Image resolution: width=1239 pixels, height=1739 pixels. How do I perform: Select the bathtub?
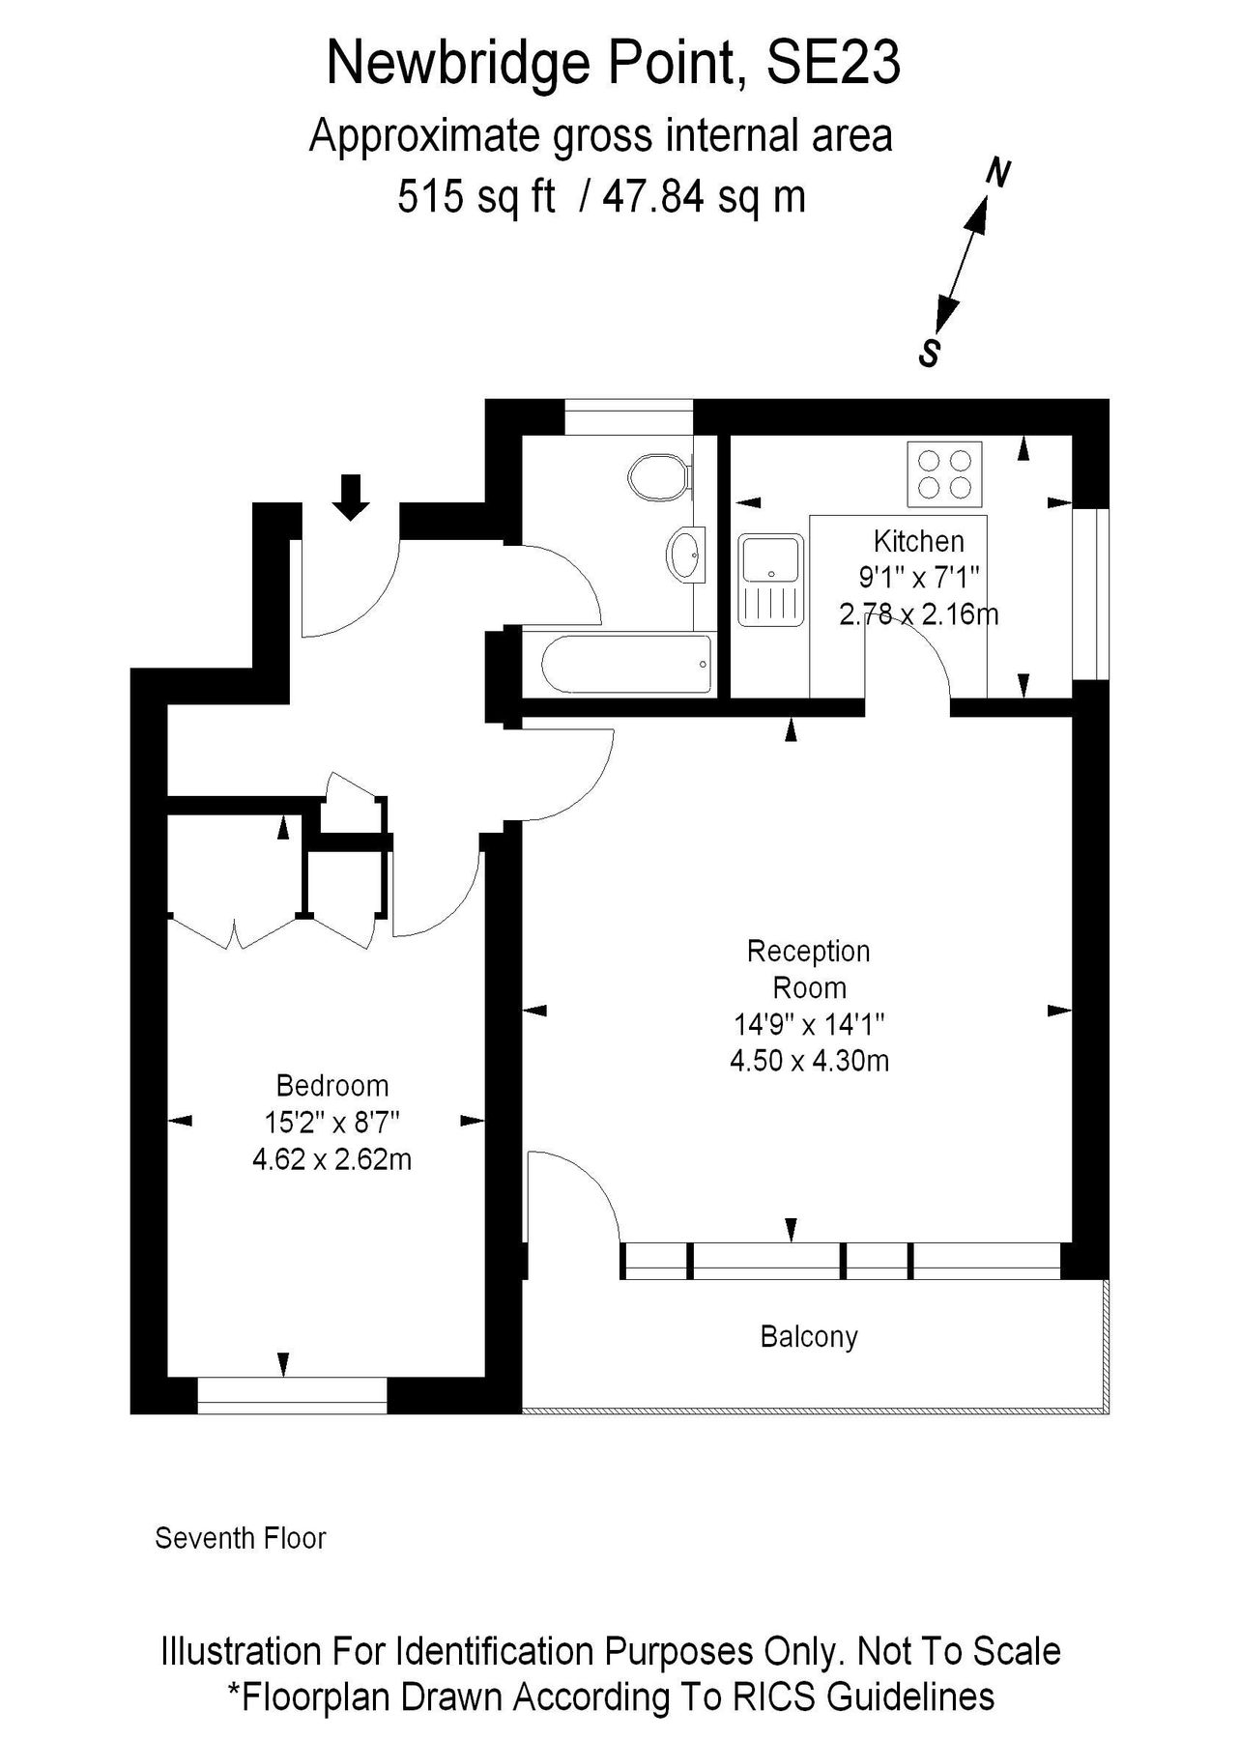pos(626,664)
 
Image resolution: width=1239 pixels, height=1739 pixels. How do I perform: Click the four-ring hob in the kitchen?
pos(944,474)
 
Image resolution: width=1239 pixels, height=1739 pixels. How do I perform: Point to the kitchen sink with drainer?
pos(770,580)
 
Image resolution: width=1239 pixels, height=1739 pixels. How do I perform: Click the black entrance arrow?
pos(351,497)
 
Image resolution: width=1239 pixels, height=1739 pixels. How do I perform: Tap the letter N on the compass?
pos(998,174)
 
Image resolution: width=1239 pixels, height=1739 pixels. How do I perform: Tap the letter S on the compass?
pos(929,354)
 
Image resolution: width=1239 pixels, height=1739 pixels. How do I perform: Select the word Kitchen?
pos(918,541)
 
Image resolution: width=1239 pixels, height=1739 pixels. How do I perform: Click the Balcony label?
pos(809,1337)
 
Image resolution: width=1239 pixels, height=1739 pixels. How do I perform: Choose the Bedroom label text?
pos(332,1086)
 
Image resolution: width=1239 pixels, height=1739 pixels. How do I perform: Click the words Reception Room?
pos(809,969)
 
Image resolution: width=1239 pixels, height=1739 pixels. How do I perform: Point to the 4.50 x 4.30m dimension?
pos(809,1061)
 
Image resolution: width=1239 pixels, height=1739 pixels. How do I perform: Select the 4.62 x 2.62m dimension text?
pos(332,1158)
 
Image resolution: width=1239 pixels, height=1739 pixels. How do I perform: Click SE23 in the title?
pos(833,64)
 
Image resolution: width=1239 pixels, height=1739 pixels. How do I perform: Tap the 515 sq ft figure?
pos(476,197)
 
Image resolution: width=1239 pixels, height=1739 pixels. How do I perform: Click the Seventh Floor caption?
pos(241,1538)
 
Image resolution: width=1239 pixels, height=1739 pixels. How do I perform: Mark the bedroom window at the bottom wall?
pos(292,1395)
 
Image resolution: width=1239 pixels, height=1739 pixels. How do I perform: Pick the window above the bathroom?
pos(628,417)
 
